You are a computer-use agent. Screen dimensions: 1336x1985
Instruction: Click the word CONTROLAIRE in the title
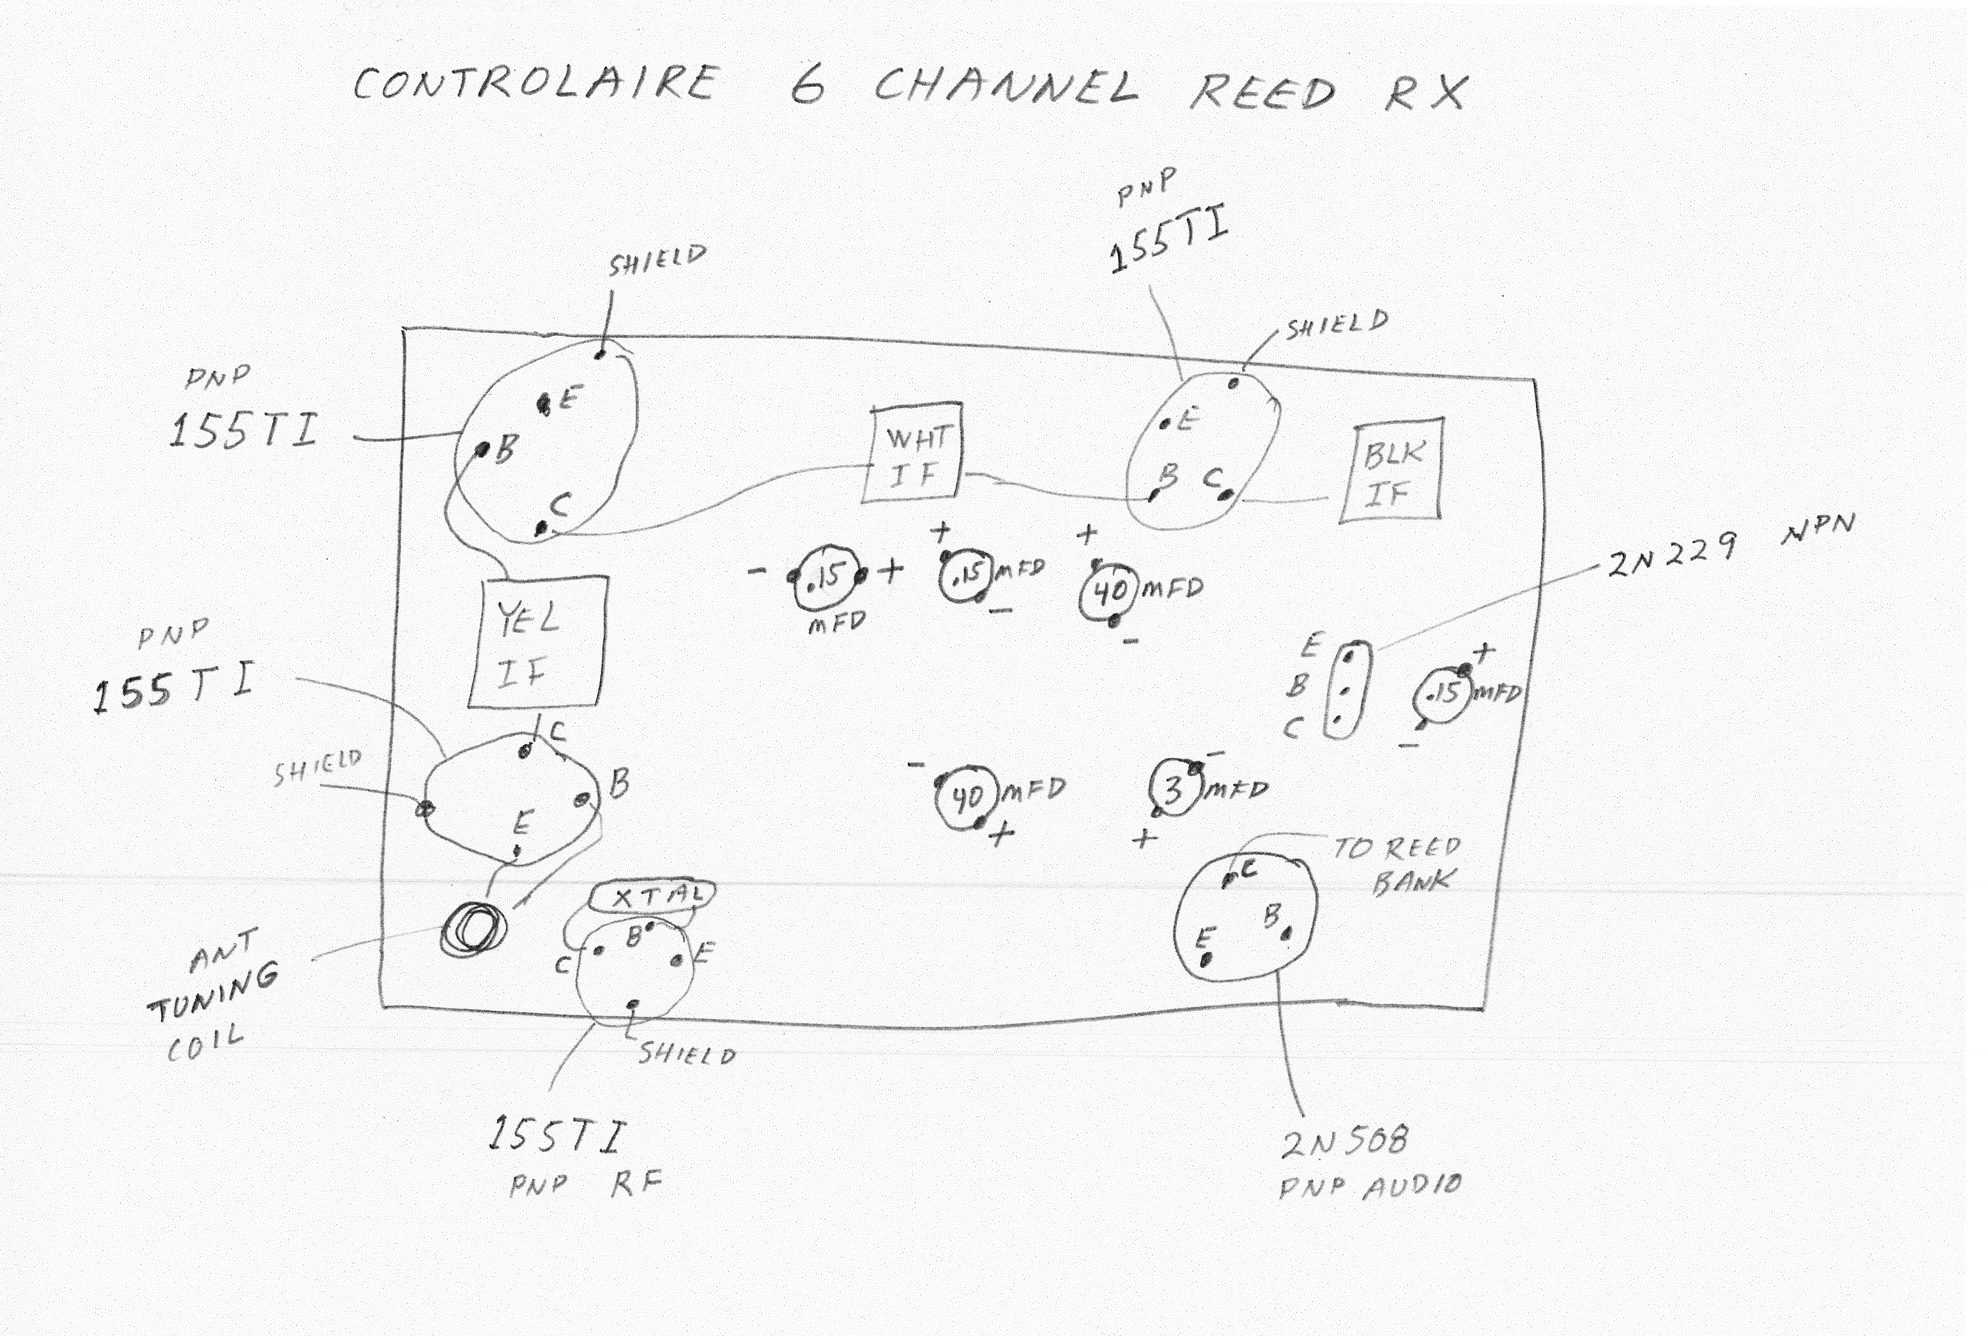pos(535,84)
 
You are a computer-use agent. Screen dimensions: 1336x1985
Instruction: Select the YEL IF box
pos(538,643)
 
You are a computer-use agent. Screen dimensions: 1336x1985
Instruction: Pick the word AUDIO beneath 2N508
pos(1413,1185)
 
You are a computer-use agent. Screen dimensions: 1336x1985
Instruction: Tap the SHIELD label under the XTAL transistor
pos(687,1055)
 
